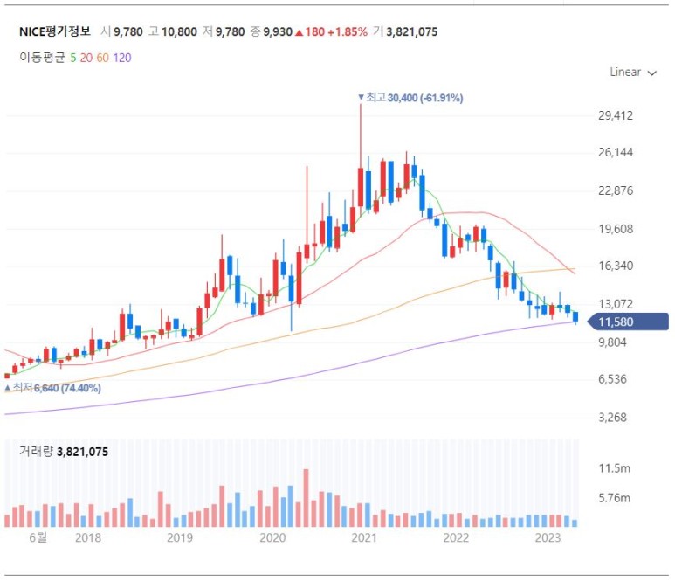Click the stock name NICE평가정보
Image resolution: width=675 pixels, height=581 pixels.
tap(55, 31)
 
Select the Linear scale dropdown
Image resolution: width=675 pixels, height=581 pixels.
tap(633, 72)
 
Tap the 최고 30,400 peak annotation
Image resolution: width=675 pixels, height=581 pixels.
tap(410, 98)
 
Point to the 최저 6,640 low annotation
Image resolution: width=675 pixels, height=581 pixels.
tap(52, 388)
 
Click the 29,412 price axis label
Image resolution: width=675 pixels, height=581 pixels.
tap(616, 115)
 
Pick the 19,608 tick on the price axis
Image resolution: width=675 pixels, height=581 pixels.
tap(616, 229)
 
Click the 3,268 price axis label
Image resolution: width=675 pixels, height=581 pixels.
tap(613, 417)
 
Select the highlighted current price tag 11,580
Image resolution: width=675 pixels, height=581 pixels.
tap(628, 322)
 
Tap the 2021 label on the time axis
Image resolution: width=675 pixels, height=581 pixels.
tap(364, 537)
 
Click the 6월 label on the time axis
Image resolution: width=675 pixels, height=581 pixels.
tap(38, 537)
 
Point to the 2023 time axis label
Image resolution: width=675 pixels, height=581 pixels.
tap(548, 537)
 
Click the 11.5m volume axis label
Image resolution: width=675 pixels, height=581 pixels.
tap(614, 468)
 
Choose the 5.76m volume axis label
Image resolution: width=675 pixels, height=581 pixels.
tap(614, 498)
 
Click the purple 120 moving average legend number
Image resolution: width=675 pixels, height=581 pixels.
tap(122, 58)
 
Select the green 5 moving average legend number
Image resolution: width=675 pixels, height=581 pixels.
tap(73, 58)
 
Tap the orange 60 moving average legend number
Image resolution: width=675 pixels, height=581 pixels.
tap(102, 58)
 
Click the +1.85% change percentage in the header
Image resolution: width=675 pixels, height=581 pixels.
tap(348, 31)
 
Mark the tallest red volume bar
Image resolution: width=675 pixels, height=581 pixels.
tap(307, 498)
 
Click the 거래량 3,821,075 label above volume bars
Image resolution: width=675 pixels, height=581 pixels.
tap(64, 452)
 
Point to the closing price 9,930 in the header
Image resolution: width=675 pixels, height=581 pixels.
tap(278, 31)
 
